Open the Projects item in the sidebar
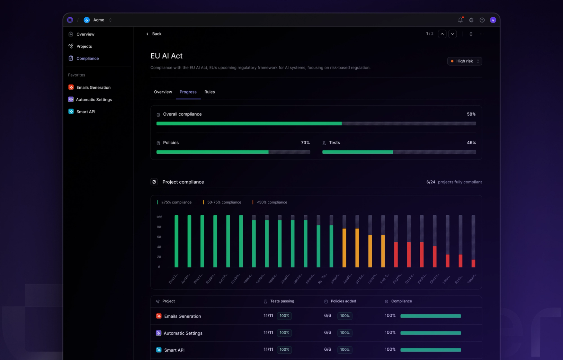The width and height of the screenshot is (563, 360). tap(84, 46)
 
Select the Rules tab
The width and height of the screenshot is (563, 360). tap(210, 92)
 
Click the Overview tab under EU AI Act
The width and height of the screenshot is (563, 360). tap(163, 92)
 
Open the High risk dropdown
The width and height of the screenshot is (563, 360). tap(464, 61)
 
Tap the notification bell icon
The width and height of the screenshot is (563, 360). tap(460, 20)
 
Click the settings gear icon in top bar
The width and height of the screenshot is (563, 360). tap(471, 20)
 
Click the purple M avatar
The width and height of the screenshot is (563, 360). tap(493, 20)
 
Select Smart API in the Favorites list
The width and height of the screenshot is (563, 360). tap(85, 112)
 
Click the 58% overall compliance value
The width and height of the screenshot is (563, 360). tap(471, 114)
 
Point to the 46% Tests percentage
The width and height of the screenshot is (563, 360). tap(471, 143)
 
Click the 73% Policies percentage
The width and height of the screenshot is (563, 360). tap(305, 143)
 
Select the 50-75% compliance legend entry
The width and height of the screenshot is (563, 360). tap(224, 202)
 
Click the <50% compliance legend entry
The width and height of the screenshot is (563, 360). tap(272, 202)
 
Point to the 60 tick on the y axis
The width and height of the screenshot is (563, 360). tap(159, 237)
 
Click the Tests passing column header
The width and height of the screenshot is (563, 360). tap(282, 301)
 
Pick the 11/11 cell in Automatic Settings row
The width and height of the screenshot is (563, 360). tap(268, 333)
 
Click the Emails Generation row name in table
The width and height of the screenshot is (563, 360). tap(182, 316)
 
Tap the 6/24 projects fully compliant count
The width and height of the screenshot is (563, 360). tap(431, 182)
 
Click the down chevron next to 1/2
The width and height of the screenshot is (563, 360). tap(452, 34)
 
